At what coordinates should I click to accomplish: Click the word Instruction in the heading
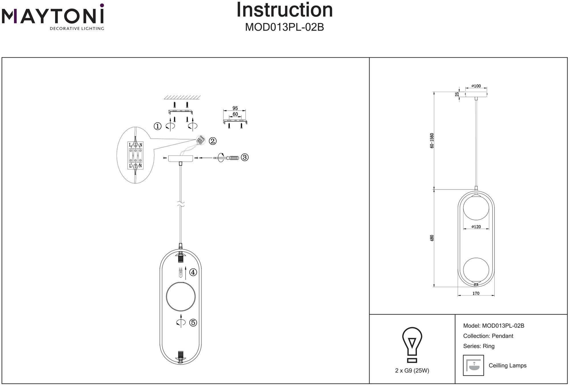pyautogui.click(x=284, y=10)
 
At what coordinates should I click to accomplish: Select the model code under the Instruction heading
pyautogui.click(x=284, y=27)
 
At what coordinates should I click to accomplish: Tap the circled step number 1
pyautogui.click(x=158, y=126)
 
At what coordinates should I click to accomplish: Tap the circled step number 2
pyautogui.click(x=213, y=141)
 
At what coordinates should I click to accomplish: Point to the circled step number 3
pyautogui.click(x=245, y=157)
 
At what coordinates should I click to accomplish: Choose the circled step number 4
pyautogui.click(x=193, y=272)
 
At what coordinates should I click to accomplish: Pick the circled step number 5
pyautogui.click(x=193, y=323)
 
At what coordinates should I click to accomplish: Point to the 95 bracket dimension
pyautogui.click(x=235, y=108)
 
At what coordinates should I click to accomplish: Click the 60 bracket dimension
pyautogui.click(x=235, y=114)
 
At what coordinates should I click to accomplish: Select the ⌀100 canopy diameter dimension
pyautogui.click(x=476, y=86)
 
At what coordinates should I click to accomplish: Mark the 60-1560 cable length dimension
pyautogui.click(x=432, y=141)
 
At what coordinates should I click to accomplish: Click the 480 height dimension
pyautogui.click(x=432, y=238)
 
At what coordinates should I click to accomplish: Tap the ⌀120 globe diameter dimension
pyautogui.click(x=476, y=227)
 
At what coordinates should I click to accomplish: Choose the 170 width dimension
pyautogui.click(x=476, y=293)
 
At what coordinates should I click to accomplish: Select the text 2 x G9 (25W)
pyautogui.click(x=412, y=370)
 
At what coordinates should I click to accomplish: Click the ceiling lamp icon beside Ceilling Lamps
pyautogui.click(x=473, y=365)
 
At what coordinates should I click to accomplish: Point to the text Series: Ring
pyautogui.click(x=479, y=346)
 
